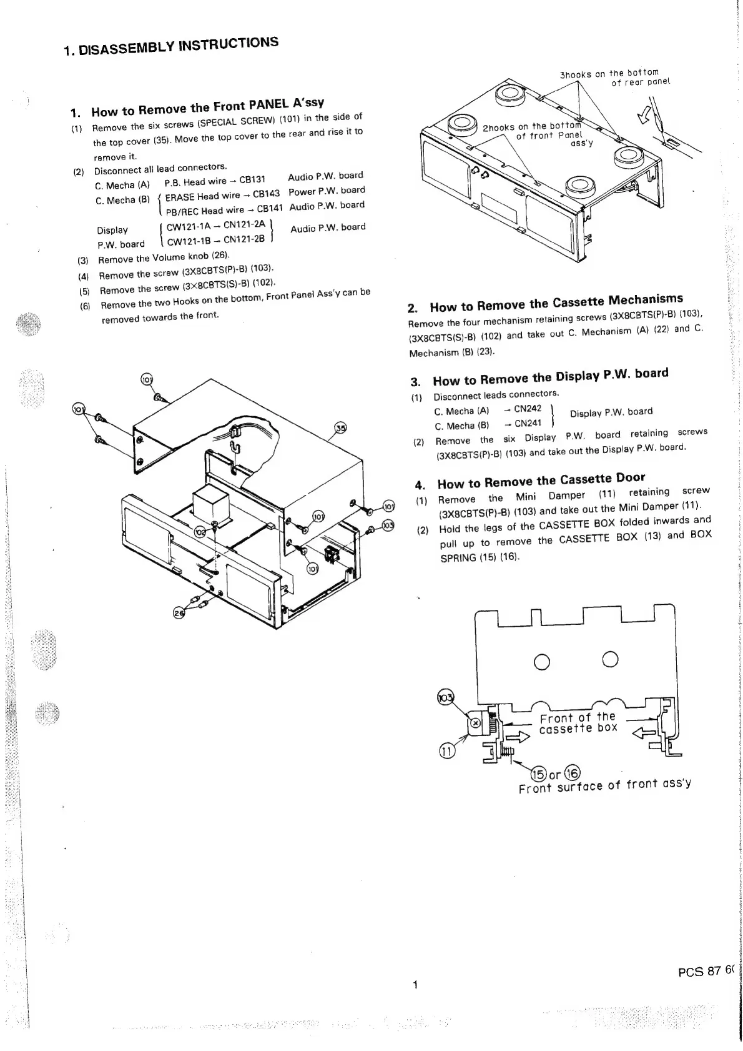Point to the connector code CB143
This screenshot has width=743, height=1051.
coord(266,194)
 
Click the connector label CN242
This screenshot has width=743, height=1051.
coord(528,408)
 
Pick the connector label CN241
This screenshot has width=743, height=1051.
coord(528,423)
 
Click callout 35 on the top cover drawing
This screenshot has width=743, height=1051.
coord(340,428)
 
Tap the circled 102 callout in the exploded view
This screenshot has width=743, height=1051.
coord(200,532)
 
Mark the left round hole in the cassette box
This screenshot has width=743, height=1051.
coord(542,659)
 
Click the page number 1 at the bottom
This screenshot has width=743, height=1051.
coord(415,985)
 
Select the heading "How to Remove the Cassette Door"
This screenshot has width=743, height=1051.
coord(541,481)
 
